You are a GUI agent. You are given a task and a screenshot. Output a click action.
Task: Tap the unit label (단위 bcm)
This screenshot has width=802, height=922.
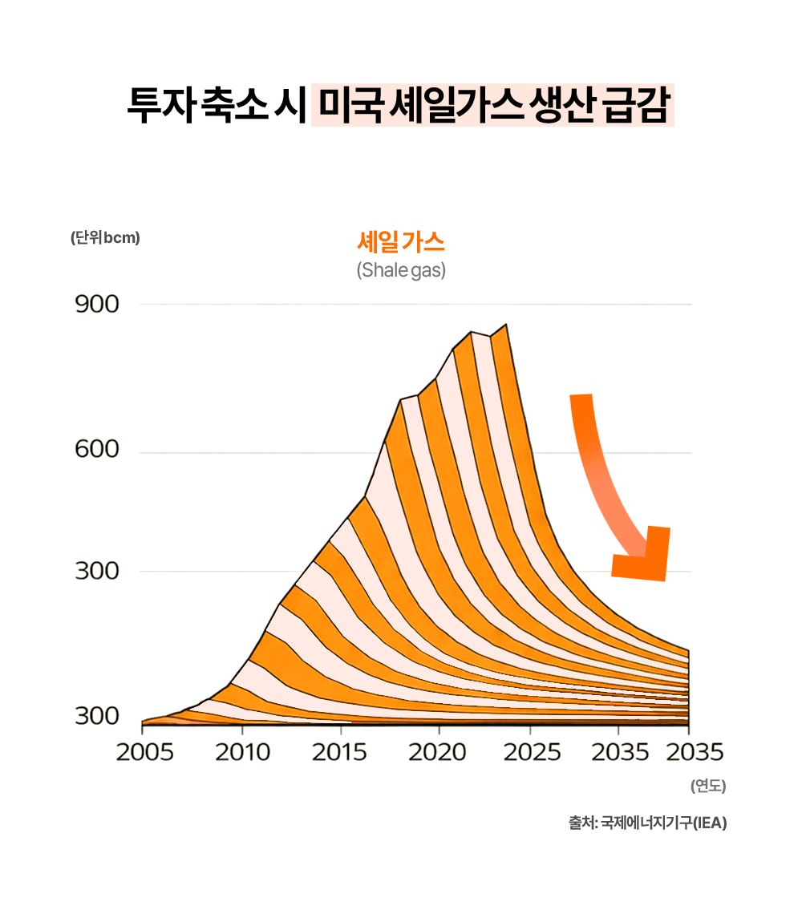click(105, 238)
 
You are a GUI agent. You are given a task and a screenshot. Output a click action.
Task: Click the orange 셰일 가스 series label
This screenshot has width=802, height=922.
click(401, 241)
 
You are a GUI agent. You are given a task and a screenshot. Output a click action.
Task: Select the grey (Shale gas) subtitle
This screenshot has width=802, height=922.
click(401, 270)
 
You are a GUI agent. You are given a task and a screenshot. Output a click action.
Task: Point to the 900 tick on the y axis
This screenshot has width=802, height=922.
click(97, 305)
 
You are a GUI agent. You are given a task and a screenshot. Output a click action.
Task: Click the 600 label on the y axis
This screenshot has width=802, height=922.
click(97, 451)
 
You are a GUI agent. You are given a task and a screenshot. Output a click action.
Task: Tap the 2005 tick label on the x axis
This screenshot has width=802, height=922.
click(144, 753)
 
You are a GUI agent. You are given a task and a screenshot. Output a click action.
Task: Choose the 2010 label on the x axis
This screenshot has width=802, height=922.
click(242, 753)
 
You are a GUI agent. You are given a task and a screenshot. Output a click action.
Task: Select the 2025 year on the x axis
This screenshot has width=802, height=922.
click(530, 753)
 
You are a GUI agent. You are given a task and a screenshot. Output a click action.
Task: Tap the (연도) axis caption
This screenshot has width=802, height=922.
click(707, 787)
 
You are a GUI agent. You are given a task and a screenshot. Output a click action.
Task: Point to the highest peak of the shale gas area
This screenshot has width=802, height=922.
click(505, 326)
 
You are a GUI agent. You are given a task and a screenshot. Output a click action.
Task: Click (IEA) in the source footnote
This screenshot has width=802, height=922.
click(710, 823)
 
